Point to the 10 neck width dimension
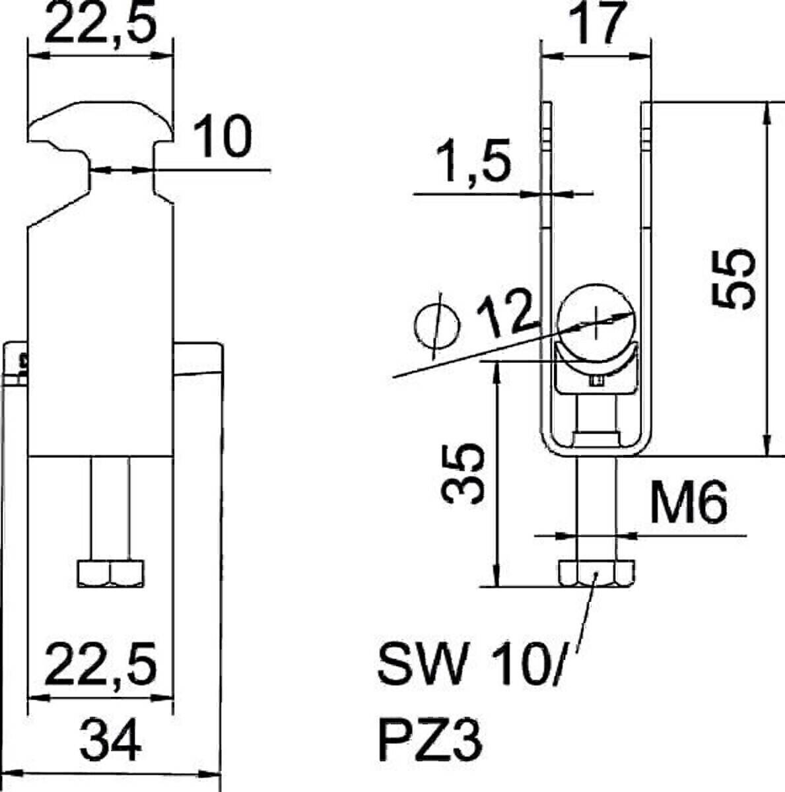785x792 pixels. tap(224, 136)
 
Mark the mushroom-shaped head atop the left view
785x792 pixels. tap(102, 121)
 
